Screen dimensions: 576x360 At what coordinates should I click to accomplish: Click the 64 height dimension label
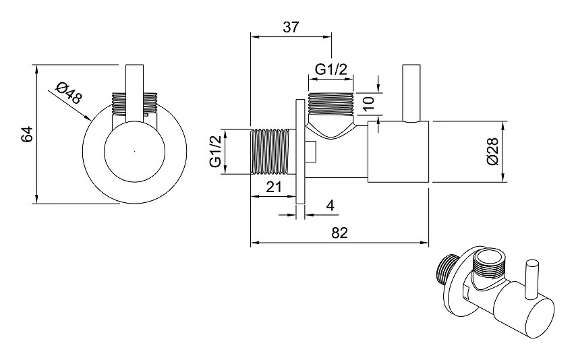pyautogui.click(x=27, y=134)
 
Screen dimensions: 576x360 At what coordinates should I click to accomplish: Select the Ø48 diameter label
pyautogui.click(x=69, y=94)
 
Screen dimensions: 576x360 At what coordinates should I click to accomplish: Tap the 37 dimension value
pyautogui.click(x=291, y=27)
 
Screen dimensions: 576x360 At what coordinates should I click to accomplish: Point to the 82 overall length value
pyautogui.click(x=339, y=233)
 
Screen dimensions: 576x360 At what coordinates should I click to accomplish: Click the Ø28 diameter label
pyautogui.click(x=492, y=151)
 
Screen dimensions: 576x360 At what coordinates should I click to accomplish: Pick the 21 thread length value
pyautogui.click(x=274, y=187)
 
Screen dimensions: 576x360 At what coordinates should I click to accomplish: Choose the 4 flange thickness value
pyautogui.click(x=330, y=206)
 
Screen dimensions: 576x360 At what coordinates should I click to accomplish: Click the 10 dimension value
pyautogui.click(x=368, y=103)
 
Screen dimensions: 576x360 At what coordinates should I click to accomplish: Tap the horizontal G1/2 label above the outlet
pyautogui.click(x=331, y=69)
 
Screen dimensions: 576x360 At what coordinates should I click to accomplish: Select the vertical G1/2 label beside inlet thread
pyautogui.click(x=216, y=151)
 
